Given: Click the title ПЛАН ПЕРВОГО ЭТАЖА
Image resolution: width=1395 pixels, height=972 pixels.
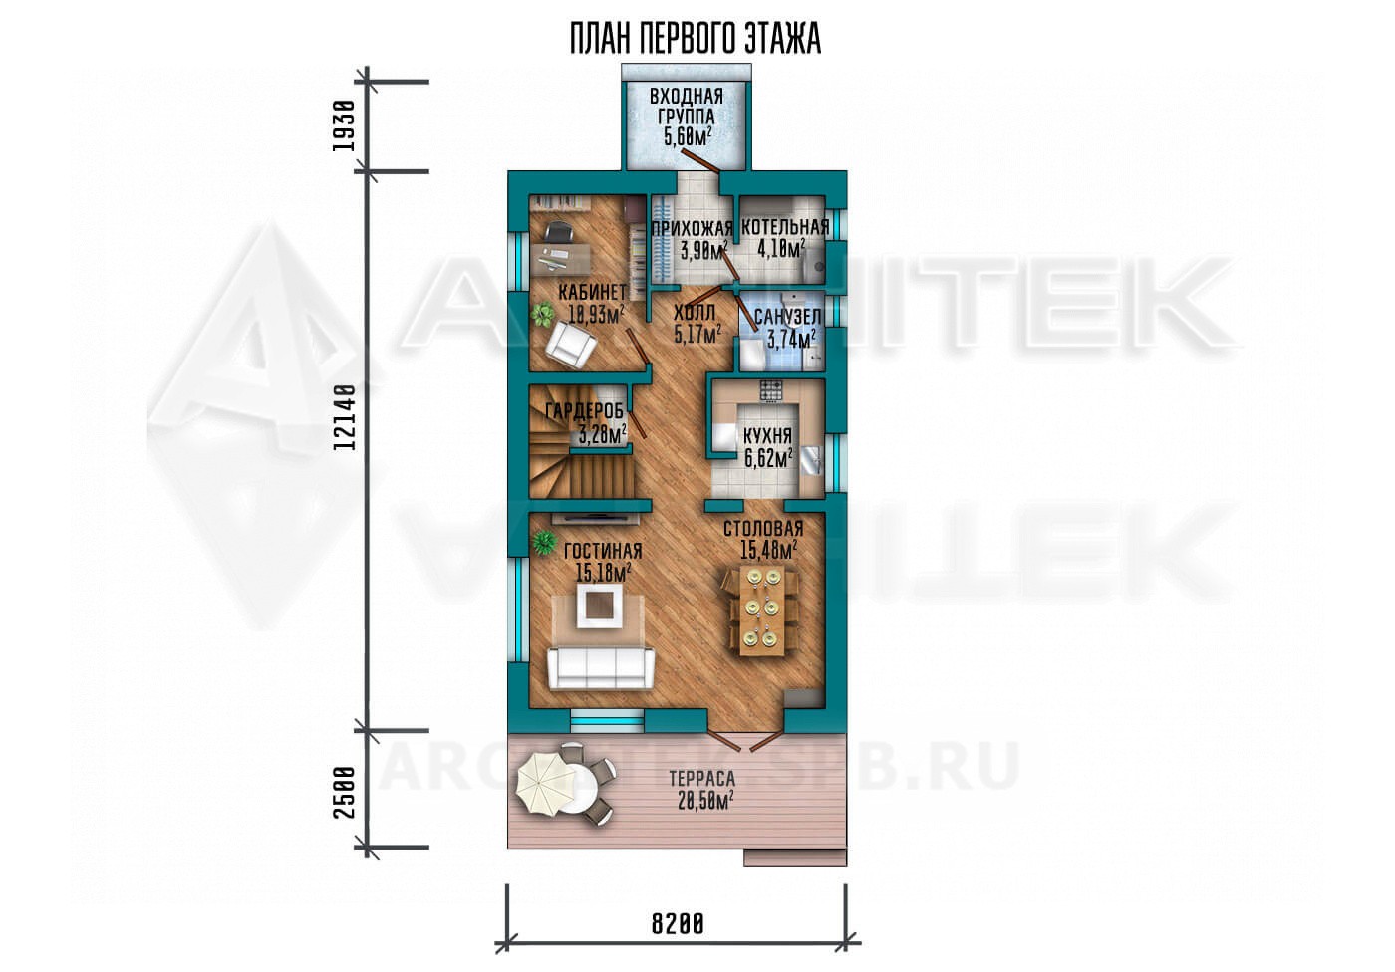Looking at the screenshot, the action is point(696,39).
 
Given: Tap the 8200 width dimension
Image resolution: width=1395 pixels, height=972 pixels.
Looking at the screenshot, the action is point(678,923).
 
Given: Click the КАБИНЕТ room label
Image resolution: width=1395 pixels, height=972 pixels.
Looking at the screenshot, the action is point(592,292).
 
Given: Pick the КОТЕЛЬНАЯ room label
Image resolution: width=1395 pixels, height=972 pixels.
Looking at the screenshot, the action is point(785,227).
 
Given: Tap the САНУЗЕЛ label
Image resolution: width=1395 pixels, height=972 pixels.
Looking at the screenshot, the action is point(787,316).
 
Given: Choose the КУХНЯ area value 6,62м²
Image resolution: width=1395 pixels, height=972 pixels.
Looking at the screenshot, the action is point(769,459).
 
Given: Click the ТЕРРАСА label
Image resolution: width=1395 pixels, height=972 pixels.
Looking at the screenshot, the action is point(701,779).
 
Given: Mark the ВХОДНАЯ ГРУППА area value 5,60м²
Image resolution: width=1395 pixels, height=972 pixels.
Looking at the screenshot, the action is point(688,136).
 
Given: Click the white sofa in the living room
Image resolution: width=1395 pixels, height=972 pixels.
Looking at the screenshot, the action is point(601,668).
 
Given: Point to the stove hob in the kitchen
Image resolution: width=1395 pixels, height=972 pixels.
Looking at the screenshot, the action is point(771,391).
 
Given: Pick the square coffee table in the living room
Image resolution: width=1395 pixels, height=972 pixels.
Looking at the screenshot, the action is point(601,605).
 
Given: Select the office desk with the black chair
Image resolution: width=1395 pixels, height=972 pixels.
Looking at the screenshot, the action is point(125,258).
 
